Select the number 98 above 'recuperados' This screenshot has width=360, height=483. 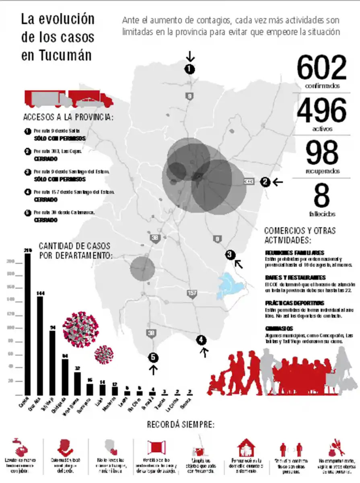[322, 153]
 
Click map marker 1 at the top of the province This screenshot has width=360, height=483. [189, 69]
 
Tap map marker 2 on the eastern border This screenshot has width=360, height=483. [265, 182]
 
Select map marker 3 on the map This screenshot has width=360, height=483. [230, 254]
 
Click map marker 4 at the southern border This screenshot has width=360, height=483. [202, 341]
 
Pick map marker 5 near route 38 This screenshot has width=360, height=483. [153, 357]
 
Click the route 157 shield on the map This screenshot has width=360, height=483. [192, 294]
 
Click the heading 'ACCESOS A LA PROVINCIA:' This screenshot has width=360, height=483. [68, 118]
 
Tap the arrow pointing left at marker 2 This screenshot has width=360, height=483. [278, 182]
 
